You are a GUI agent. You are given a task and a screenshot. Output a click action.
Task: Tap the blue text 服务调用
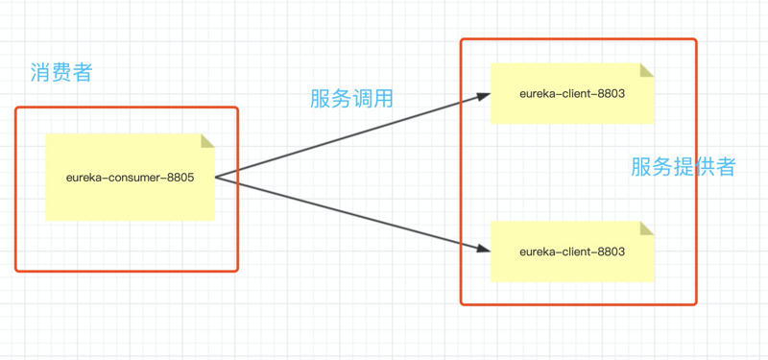(x=351, y=98)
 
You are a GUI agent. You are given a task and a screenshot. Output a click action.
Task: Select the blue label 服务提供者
(x=683, y=166)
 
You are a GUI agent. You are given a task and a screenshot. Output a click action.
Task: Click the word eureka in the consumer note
(x=84, y=178)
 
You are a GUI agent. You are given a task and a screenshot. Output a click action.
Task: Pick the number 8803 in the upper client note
(x=609, y=94)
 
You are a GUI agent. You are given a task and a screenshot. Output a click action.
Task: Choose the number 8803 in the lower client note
(x=609, y=252)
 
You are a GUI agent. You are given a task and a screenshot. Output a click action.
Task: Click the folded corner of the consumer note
(x=207, y=140)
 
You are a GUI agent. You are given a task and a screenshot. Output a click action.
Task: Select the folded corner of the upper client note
(x=647, y=69)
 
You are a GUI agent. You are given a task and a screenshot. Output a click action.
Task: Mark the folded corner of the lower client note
(x=647, y=228)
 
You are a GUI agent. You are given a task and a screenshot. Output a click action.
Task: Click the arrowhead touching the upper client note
(x=483, y=95)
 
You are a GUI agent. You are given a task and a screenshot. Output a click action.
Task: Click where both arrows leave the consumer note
(x=216, y=177)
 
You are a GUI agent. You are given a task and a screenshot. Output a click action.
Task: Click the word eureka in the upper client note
(x=536, y=94)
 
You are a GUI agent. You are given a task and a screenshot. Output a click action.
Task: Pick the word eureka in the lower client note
(x=536, y=252)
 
